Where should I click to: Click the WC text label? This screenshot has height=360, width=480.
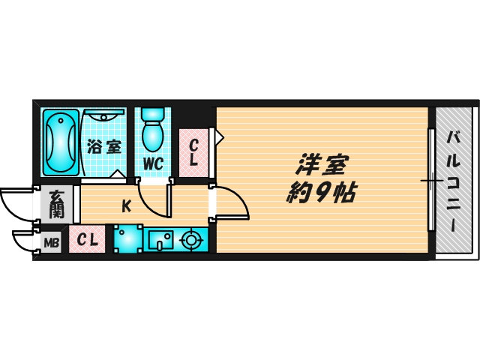[154, 163]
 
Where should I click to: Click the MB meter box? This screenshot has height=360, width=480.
[51, 242]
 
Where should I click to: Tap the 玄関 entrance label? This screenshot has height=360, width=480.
[57, 203]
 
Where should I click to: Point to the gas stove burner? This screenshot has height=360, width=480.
[191, 240]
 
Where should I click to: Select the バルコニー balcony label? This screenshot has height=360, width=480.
[454, 180]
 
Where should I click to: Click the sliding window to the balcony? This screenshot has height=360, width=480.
[431, 180]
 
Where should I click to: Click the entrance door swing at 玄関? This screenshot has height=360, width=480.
[16, 204]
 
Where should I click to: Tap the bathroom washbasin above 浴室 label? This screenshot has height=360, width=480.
[105, 115]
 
